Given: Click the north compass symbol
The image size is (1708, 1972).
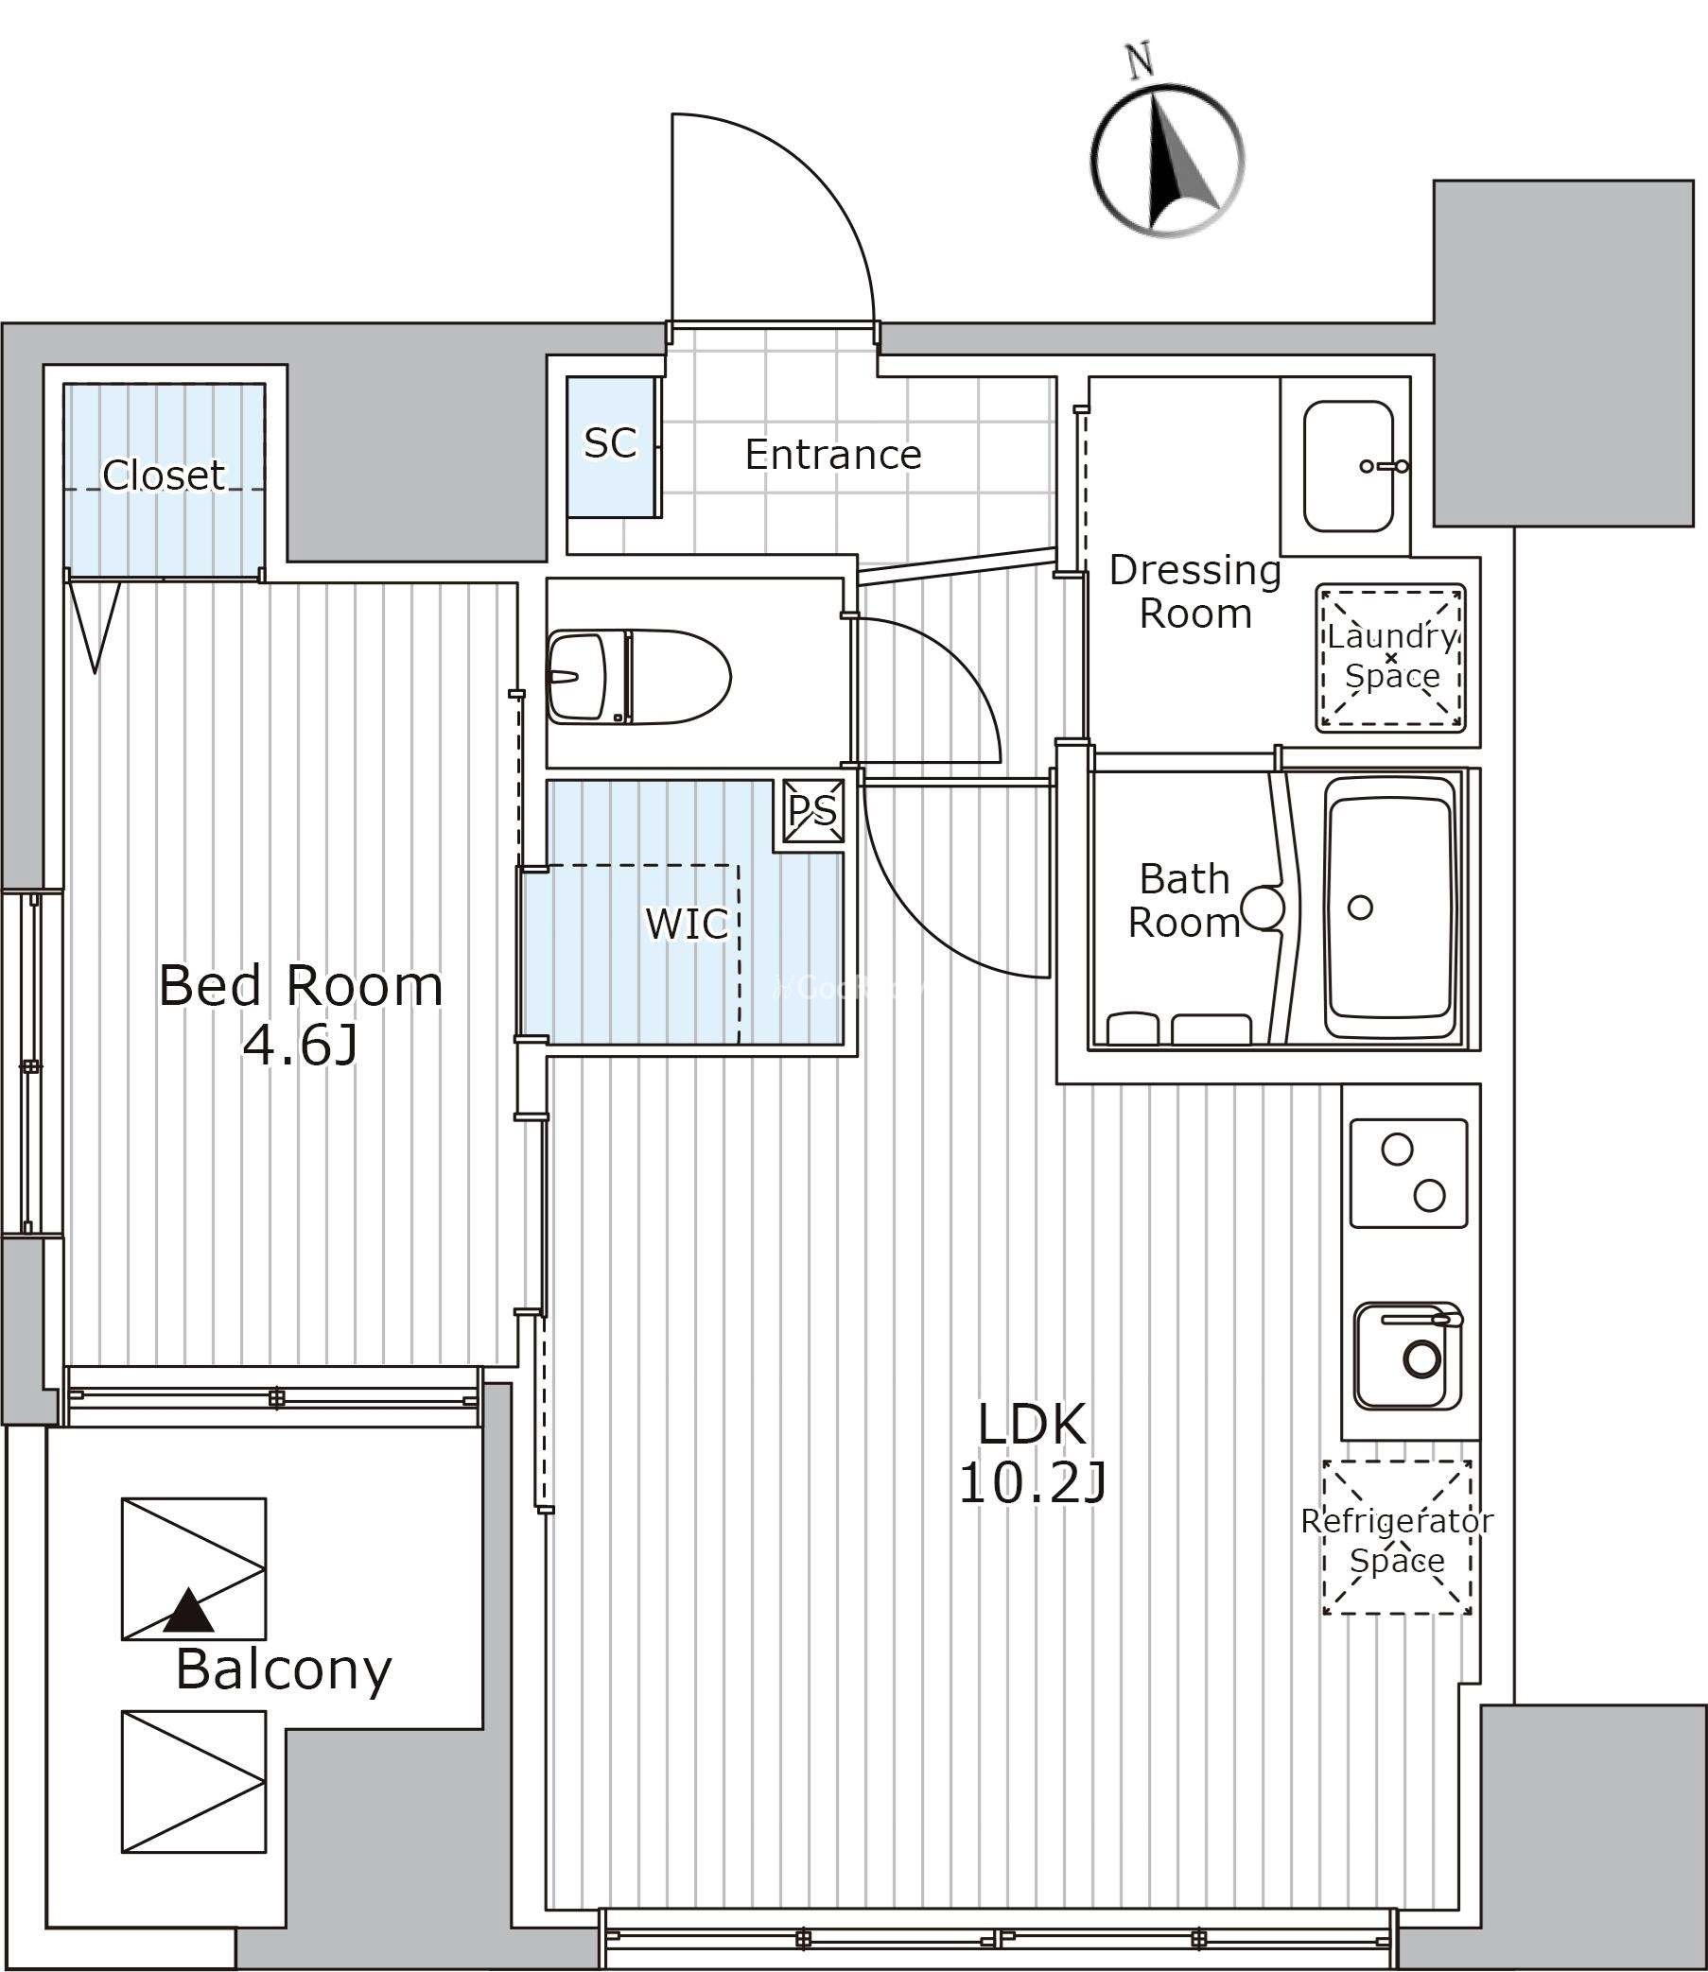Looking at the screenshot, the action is point(1168,163).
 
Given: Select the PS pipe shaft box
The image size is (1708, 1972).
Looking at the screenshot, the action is point(813,810).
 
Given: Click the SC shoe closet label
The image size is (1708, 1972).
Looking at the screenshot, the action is point(610,443).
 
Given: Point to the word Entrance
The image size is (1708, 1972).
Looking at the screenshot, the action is point(833,455).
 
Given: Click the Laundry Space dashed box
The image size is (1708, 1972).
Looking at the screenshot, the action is point(1390,657).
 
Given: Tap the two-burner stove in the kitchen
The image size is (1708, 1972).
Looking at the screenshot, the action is point(1409,1174).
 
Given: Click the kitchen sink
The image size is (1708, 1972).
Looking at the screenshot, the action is point(1409,1356).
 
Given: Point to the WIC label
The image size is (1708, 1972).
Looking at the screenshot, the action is point(687,923).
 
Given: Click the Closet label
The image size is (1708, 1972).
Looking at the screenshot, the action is point(164,475).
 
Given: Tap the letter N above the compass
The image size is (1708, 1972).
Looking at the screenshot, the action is point(1140,60).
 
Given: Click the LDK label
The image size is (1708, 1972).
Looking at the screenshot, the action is point(1032,1424).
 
